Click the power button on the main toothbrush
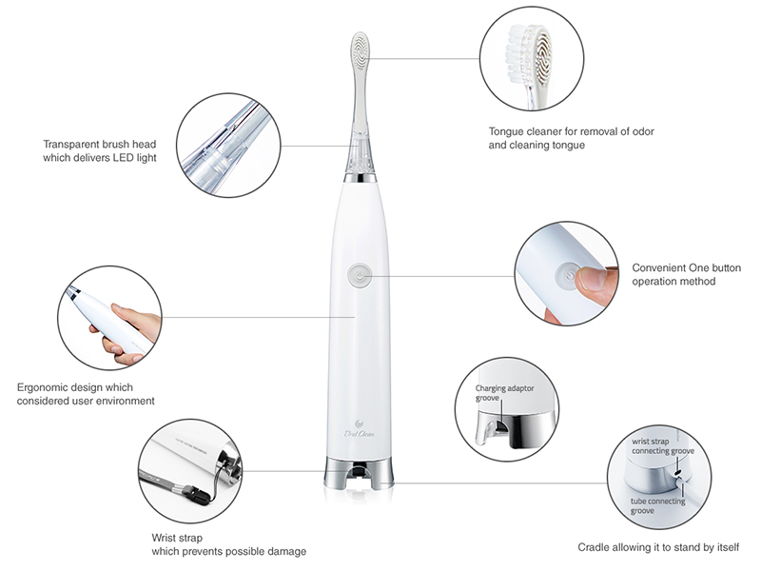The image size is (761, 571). (360, 276)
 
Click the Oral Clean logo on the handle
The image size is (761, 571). (360, 429)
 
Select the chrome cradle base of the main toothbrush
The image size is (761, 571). (360, 472)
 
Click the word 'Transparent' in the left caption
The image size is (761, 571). (71, 145)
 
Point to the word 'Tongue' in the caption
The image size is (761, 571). (506, 131)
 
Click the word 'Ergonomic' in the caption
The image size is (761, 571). (42, 387)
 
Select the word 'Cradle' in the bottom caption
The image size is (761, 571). (592, 548)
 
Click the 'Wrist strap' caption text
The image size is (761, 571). (177, 538)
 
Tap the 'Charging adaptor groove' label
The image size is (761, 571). (504, 393)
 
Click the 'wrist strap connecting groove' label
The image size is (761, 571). (663, 446)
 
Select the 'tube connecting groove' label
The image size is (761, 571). (657, 506)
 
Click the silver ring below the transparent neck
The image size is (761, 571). (361, 178)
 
